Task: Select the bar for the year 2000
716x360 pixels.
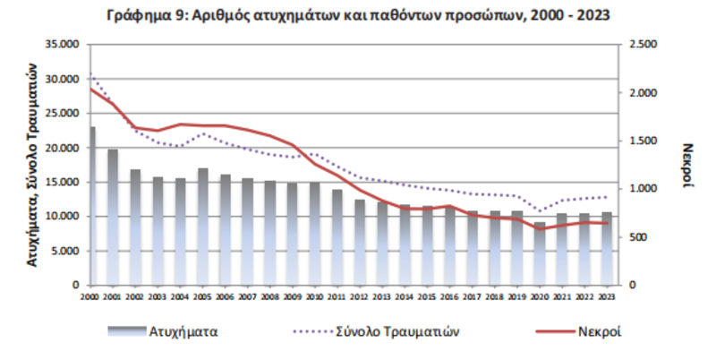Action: point(92,206)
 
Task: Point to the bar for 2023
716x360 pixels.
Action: point(606,248)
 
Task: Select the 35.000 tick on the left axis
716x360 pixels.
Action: point(66,45)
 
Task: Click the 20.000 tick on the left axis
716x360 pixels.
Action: point(66,148)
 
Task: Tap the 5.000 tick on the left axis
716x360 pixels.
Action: point(69,251)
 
